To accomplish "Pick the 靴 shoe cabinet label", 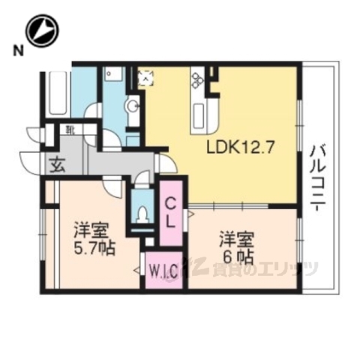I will [70, 130].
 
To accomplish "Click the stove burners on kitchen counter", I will [198, 77].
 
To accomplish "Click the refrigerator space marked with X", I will [145, 76].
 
